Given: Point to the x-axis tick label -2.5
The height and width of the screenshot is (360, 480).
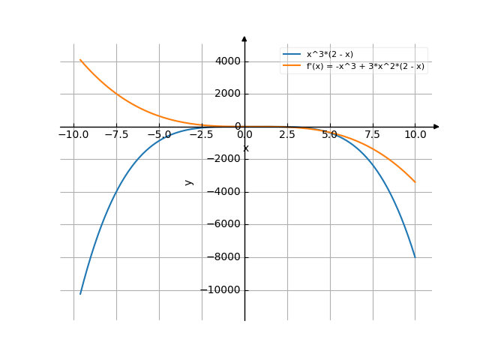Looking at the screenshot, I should pyautogui.click(x=200, y=136).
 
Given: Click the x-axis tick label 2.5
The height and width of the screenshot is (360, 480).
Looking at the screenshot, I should pyautogui.click(x=287, y=136).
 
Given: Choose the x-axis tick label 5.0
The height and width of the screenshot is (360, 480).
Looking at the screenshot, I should pyautogui.click(x=330, y=136).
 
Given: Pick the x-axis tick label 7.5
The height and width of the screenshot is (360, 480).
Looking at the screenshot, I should pyautogui.click(x=373, y=136).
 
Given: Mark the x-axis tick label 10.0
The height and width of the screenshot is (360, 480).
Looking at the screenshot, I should pyautogui.click(x=415, y=136).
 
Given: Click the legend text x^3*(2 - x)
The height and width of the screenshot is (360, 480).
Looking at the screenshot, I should pyautogui.click(x=329, y=55).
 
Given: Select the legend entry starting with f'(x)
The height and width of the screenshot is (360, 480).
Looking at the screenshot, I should pyautogui.click(x=365, y=66).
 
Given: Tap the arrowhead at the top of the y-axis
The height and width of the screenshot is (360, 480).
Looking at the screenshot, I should pyautogui.click(x=244, y=38).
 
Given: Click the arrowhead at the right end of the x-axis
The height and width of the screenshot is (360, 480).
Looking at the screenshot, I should pyautogui.click(x=436, y=127).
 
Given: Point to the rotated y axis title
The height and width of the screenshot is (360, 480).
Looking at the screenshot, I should pyautogui.click(x=189, y=181).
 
